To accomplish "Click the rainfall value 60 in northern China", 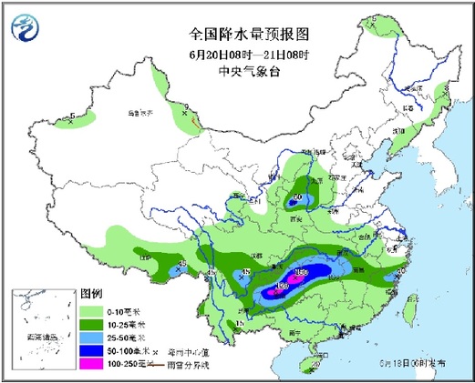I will tap(298, 196).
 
